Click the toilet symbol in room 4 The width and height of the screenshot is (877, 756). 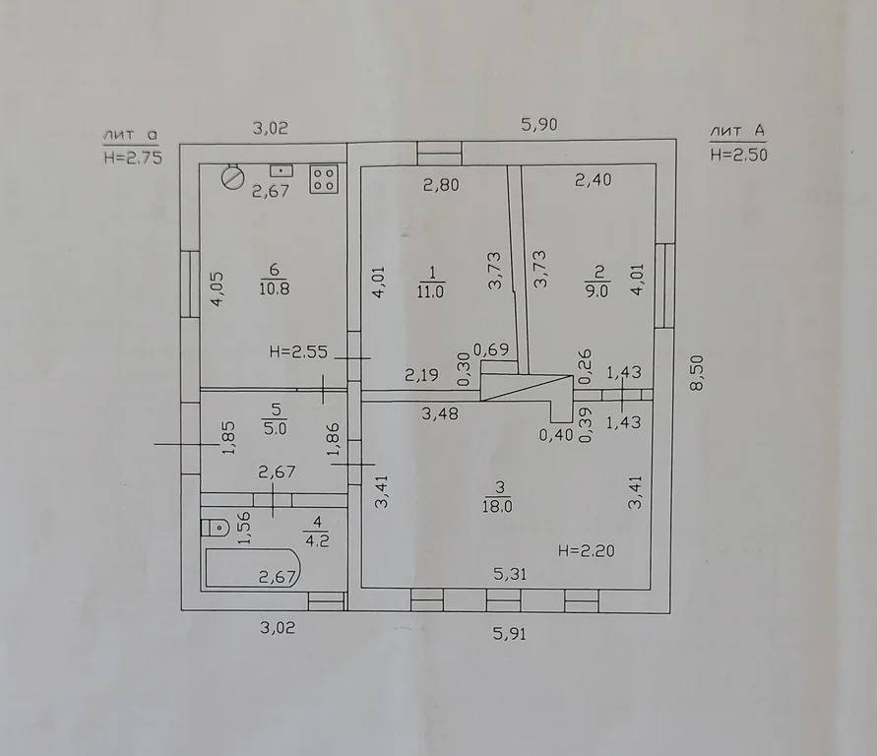(x=216, y=527)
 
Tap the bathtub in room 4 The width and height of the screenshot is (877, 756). (x=252, y=568)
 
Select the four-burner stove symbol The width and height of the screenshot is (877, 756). (x=324, y=179)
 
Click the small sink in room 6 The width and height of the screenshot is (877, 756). (x=282, y=170)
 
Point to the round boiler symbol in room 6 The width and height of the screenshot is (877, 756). (x=232, y=177)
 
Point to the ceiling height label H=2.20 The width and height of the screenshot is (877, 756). (x=587, y=551)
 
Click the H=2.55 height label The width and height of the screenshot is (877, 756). (x=298, y=351)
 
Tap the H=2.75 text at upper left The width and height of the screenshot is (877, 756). (x=133, y=157)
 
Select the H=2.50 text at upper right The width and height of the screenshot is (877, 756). (x=738, y=155)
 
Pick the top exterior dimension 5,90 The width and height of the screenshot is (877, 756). (x=539, y=124)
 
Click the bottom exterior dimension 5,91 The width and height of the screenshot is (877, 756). (x=510, y=634)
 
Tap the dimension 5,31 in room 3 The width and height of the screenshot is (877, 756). (x=510, y=574)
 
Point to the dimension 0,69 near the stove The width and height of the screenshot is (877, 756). (x=491, y=349)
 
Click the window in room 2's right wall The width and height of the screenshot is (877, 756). (x=664, y=285)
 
